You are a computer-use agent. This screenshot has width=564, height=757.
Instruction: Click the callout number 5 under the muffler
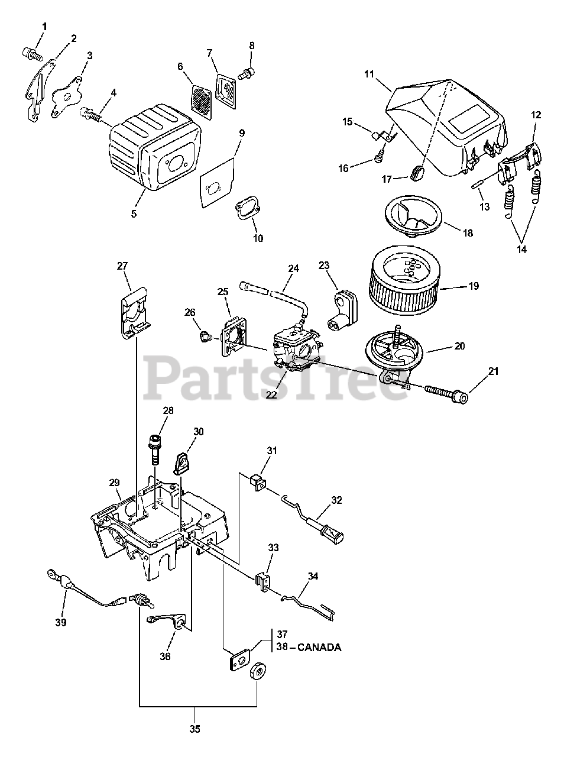coord(134,213)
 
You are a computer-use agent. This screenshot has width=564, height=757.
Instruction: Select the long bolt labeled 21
coord(443,392)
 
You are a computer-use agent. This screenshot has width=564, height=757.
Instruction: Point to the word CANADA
coord(319,647)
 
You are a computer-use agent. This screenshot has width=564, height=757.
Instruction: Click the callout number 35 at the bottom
coord(195,729)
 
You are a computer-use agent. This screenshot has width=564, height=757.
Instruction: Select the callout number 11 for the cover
coord(369,75)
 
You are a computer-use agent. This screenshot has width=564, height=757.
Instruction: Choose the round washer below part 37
coord(258,672)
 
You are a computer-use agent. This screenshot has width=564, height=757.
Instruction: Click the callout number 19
coord(474,286)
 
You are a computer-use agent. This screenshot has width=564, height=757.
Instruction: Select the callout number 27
coord(122,266)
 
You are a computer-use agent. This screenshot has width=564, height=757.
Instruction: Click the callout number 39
coord(61,622)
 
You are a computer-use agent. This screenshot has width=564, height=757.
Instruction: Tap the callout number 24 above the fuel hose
coord(294,268)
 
